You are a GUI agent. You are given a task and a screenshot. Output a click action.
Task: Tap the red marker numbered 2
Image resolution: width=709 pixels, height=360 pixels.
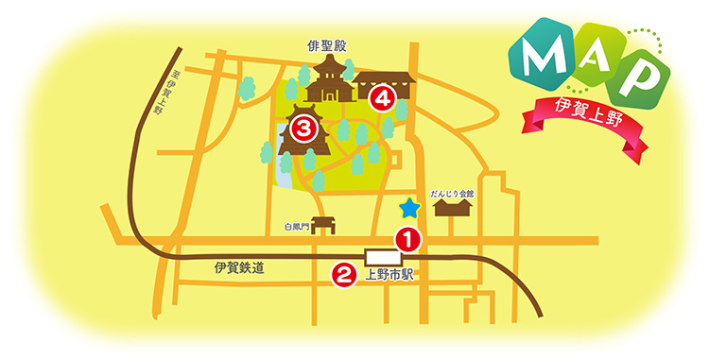[341, 274]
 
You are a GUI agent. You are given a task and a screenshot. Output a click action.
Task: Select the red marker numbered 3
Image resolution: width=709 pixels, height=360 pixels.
[303, 128]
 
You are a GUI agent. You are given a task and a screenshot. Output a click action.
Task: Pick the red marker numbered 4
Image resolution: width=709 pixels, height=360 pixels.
[381, 96]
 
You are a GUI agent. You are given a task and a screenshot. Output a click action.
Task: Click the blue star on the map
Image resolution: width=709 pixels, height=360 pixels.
[409, 209]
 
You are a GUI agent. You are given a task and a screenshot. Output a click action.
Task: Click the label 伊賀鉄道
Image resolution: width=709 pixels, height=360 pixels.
[238, 269]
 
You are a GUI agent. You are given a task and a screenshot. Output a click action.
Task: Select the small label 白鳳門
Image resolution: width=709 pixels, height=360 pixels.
[296, 227]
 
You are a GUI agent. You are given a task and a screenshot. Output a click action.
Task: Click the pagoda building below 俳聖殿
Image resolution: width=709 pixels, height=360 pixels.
[329, 79]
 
